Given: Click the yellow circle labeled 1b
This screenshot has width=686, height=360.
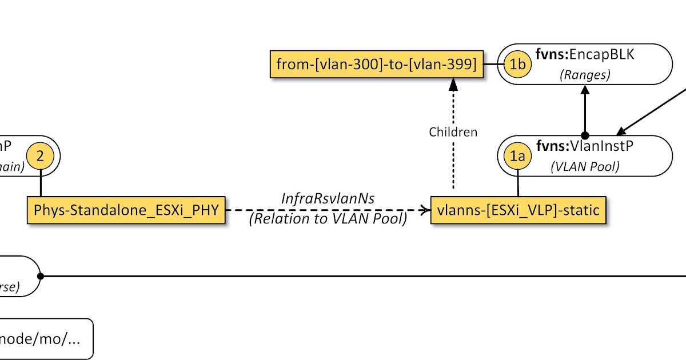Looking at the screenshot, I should (519, 65).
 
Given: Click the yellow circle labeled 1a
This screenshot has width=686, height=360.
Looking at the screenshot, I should (517, 157).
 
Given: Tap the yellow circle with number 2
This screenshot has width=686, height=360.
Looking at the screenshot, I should (40, 156).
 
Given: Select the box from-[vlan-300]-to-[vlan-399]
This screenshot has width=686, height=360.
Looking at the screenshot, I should (376, 65).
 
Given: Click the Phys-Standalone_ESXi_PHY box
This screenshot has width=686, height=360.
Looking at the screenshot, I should (126, 210).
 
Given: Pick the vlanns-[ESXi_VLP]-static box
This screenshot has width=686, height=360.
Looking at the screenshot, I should (518, 210).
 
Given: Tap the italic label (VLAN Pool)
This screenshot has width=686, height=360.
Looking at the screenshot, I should (585, 167).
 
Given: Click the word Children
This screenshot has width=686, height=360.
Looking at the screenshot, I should (453, 132).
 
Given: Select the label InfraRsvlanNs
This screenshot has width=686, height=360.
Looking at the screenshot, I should (328, 198).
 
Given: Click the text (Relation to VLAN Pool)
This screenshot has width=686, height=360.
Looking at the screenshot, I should (328, 219).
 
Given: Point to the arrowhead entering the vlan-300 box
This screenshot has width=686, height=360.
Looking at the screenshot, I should (453, 85).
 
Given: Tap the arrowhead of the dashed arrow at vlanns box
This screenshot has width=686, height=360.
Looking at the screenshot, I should (425, 210).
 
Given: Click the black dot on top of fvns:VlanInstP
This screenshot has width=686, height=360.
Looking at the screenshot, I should (585, 135).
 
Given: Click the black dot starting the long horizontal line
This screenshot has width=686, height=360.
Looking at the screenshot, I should (41, 276).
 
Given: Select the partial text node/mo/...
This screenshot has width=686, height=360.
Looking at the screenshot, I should (39, 338).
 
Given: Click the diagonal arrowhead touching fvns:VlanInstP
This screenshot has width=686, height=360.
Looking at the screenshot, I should (620, 130).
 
